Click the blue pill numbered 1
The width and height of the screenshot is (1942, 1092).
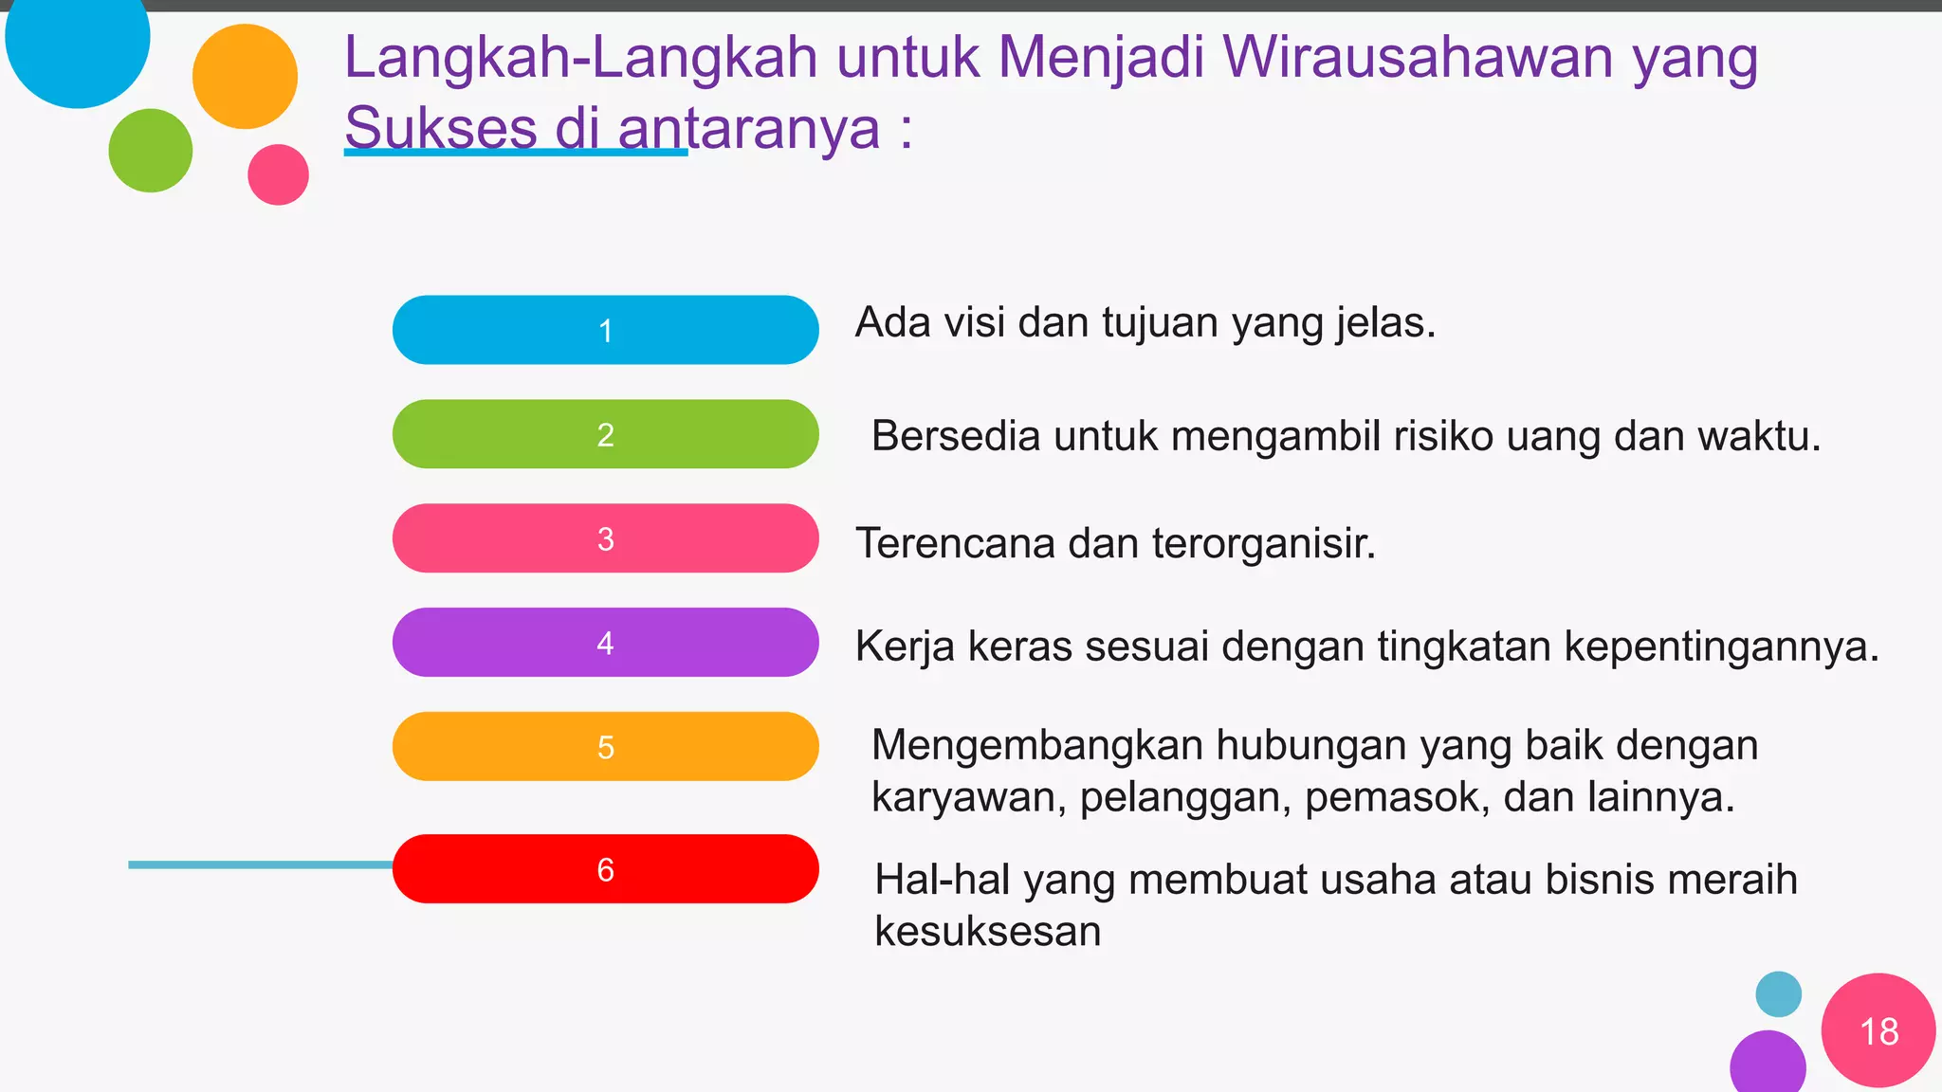(605, 330)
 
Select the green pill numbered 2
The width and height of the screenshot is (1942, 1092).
(605, 434)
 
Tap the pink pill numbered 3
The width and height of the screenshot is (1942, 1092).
(605, 538)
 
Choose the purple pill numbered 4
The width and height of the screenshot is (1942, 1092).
(605, 643)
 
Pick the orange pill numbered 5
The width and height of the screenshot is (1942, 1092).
(605, 747)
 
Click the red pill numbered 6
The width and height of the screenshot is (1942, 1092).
(605, 869)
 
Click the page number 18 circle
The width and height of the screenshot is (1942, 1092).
(1878, 1030)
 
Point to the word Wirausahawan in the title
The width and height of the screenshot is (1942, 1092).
(1418, 57)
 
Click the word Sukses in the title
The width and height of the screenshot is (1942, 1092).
(441, 128)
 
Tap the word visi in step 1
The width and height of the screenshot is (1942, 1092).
(976, 323)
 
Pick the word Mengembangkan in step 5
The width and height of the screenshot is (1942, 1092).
(1037, 746)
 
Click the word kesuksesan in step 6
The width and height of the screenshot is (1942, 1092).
(987, 932)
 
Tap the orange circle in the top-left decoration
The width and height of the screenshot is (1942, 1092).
(245, 76)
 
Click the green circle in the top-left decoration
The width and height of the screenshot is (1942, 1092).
(150, 150)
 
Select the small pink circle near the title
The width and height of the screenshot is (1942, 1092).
(278, 174)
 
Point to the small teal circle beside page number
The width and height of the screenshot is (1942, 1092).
(1778, 994)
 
